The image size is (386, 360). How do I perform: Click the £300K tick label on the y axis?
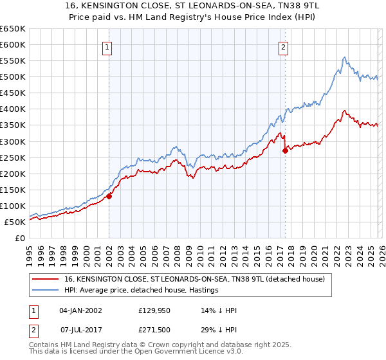[x=12, y=141]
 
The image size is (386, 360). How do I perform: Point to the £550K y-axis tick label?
[x=12, y=61]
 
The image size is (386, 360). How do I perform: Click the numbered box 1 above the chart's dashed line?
[x=108, y=46]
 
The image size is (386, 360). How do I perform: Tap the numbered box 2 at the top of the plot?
[x=284, y=46]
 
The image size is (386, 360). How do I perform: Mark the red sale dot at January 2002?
[x=109, y=196]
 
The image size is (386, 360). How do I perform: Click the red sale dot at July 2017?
[x=285, y=150]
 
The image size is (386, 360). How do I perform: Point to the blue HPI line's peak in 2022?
[x=344, y=58]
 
